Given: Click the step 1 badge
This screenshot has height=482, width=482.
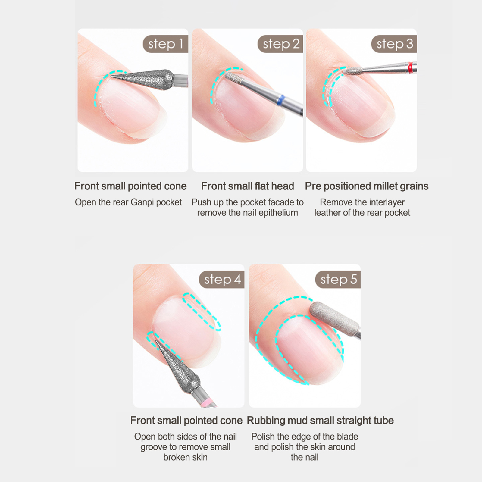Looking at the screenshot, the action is tap(165, 44).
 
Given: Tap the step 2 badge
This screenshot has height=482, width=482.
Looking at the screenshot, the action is tap(280, 44).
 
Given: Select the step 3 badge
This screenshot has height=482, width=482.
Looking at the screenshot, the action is tap(394, 44).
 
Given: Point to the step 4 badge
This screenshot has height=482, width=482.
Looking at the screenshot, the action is tap(222, 280).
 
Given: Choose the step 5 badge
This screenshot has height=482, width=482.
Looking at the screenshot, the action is tap(338, 280).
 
